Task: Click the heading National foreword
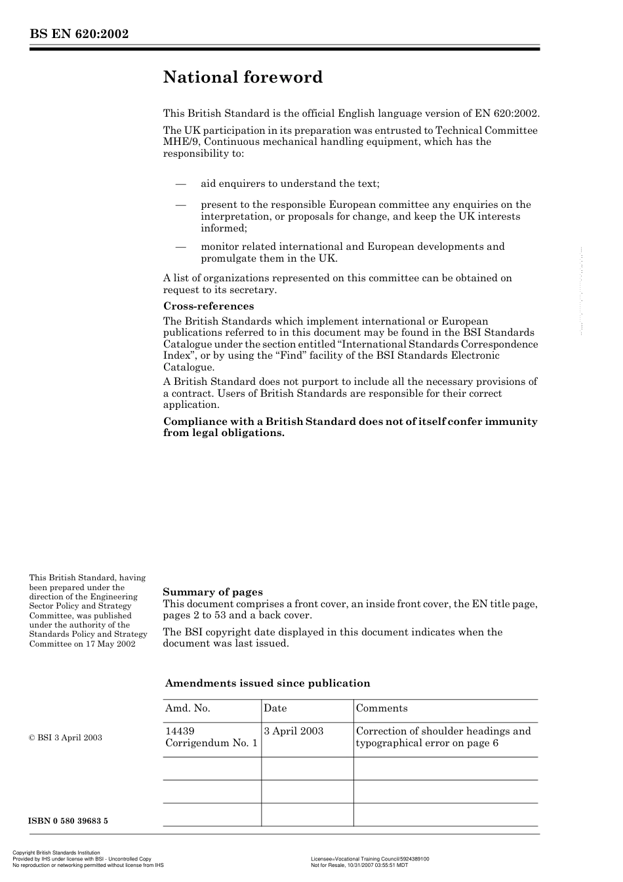pyautogui.click(x=243, y=77)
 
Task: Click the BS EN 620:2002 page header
pyautogui.click(x=79, y=34)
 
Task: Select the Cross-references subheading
pyautogui.click(x=208, y=306)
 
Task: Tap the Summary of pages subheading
pyautogui.click(x=212, y=592)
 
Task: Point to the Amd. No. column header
pyautogui.click(x=188, y=708)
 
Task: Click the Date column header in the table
pyautogui.click(x=275, y=708)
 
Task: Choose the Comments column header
pyautogui.click(x=382, y=708)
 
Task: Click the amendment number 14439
pyautogui.click(x=180, y=731)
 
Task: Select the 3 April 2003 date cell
pyautogui.click(x=293, y=731)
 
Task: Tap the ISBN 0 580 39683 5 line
pyautogui.click(x=68, y=821)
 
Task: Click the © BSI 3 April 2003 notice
pyautogui.click(x=66, y=738)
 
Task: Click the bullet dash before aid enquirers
pyautogui.click(x=181, y=184)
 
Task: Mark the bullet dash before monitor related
pyautogui.click(x=181, y=247)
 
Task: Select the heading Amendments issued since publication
pyautogui.click(x=268, y=683)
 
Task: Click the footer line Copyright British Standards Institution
pyautogui.click(x=56, y=853)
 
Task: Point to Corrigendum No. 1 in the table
pyautogui.click(x=211, y=743)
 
